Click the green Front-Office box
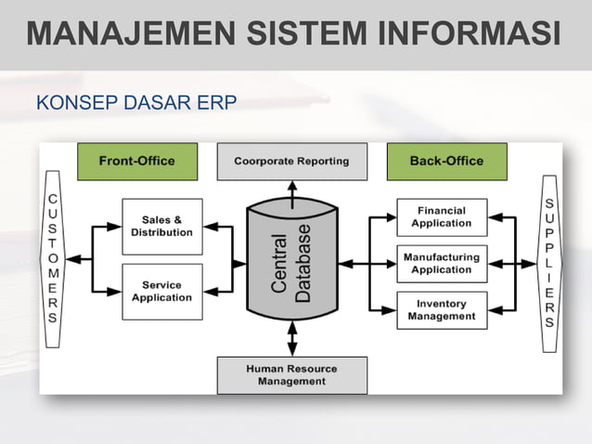click(136, 161)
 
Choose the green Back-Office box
click(446, 161)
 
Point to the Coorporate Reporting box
click(291, 161)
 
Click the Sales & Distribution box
click(161, 226)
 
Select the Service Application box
click(161, 292)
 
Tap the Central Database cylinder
click(291, 265)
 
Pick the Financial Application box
click(441, 216)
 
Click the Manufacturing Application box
click(441, 263)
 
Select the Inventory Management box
click(441, 310)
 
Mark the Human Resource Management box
click(291, 374)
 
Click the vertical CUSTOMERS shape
click(53, 258)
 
